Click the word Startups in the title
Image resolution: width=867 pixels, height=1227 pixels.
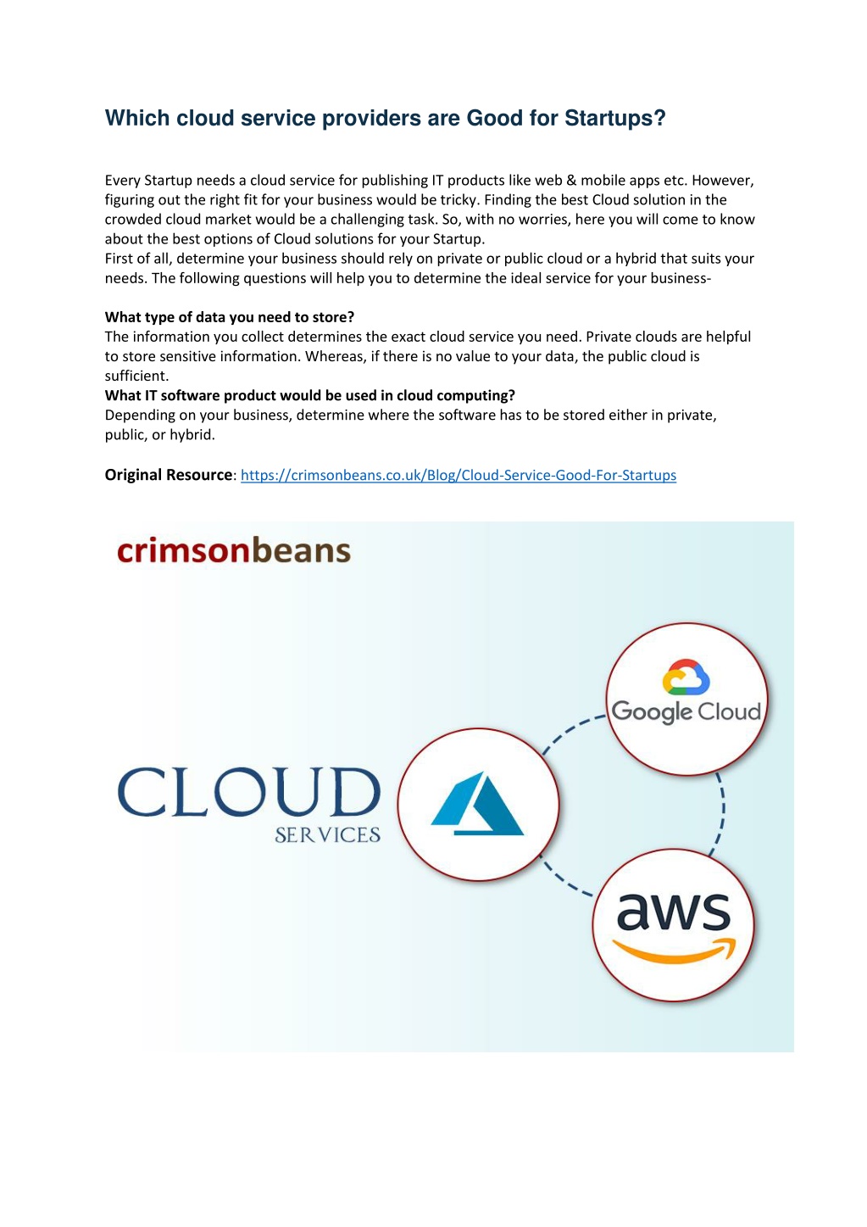pyautogui.click(x=614, y=119)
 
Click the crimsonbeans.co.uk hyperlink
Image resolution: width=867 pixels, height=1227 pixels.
pyautogui.click(x=459, y=475)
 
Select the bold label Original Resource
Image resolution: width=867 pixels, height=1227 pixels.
pyautogui.click(x=169, y=474)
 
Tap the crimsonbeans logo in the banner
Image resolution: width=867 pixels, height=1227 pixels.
pyautogui.click(x=234, y=550)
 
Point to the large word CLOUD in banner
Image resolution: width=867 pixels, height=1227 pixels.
pyautogui.click(x=249, y=791)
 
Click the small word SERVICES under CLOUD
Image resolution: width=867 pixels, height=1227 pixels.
pyautogui.click(x=327, y=835)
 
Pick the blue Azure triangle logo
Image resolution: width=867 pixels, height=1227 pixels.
pyautogui.click(x=477, y=803)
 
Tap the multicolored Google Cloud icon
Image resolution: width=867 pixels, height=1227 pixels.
pyautogui.click(x=686, y=677)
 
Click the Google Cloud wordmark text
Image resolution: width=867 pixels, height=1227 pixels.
pyautogui.click(x=686, y=711)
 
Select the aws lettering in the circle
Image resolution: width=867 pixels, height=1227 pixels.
pyautogui.click(x=673, y=912)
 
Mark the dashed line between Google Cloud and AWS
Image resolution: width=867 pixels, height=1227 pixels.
pyautogui.click(x=721, y=812)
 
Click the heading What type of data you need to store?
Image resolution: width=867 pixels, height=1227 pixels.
pyautogui.click(x=230, y=317)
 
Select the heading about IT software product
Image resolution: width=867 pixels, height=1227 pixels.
pyautogui.click(x=310, y=395)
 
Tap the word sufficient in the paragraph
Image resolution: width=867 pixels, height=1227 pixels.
pyautogui.click(x=136, y=376)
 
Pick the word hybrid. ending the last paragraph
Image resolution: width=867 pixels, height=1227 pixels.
pyautogui.click(x=192, y=435)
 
